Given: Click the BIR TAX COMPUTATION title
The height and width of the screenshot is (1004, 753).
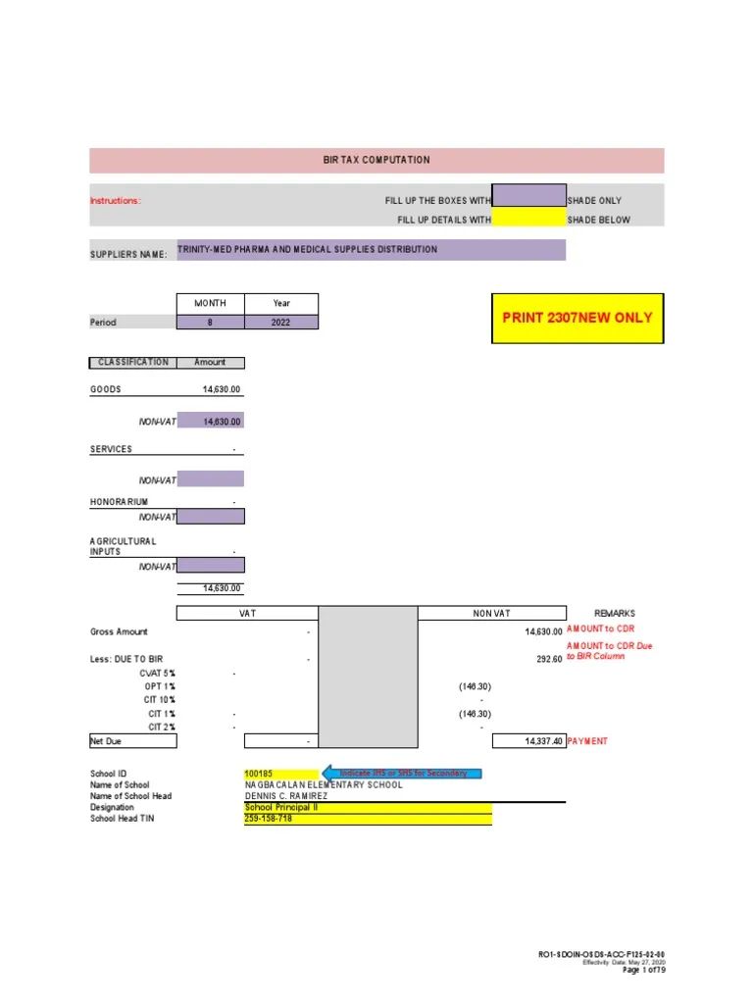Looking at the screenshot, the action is click(376, 160).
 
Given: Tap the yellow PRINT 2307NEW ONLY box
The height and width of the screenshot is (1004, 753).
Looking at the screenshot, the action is click(577, 318).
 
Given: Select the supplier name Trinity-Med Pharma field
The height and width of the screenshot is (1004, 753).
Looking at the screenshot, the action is click(371, 250).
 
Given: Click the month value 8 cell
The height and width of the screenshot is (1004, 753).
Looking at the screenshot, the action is click(210, 323).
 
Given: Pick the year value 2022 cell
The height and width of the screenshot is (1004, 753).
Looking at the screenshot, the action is click(281, 323).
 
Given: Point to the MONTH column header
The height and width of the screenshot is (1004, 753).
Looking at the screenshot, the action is click(210, 304).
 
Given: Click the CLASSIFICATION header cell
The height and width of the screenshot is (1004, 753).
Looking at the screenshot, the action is click(133, 363).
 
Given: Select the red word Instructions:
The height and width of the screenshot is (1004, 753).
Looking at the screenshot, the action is click(116, 201).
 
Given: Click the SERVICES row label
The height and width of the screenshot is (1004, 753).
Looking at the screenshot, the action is click(111, 449).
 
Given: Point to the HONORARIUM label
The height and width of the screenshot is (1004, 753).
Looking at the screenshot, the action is click(119, 502).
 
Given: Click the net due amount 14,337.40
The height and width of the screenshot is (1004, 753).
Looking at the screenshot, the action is click(542, 742).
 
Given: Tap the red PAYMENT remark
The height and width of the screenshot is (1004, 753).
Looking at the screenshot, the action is click(587, 742).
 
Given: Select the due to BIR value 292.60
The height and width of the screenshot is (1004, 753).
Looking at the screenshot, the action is click(548, 660).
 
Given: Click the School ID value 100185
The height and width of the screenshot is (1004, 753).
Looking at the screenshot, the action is click(259, 774).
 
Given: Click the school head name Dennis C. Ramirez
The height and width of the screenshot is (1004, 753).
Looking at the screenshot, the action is click(286, 796).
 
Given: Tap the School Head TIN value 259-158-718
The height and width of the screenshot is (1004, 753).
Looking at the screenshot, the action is click(269, 819).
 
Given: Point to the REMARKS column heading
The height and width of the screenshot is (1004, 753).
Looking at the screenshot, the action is click(615, 614).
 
